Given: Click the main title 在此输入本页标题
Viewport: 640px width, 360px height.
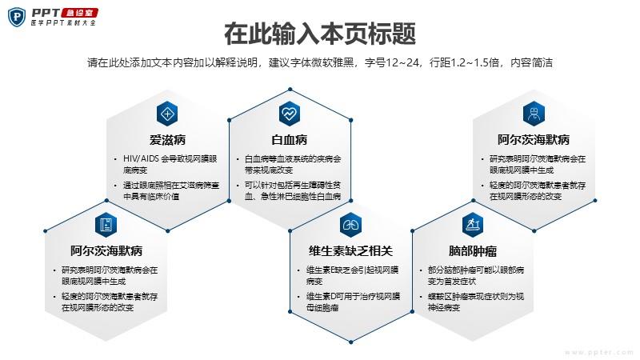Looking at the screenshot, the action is tap(320, 34).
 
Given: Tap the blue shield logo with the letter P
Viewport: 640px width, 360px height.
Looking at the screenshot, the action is tap(17, 17).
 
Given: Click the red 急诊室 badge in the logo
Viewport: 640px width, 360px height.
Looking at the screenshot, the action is tap(79, 13).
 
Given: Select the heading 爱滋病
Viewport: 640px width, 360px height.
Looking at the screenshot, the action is tap(167, 140).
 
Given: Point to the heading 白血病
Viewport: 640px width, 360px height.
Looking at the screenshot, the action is tap(290, 140).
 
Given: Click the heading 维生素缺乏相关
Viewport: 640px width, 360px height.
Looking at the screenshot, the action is tap(350, 251).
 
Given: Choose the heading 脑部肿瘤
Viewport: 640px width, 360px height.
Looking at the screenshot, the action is tap(473, 251).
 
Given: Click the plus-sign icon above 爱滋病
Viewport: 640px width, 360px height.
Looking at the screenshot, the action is tap(167, 114).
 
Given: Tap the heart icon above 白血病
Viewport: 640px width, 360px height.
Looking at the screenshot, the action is tap(290, 114).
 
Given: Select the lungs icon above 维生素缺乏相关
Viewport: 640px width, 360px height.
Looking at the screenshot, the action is tap(350, 225).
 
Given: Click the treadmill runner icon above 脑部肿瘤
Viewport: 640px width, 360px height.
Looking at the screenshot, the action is tap(473, 225).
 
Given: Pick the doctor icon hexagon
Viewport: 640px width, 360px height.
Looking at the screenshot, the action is tap(534, 114).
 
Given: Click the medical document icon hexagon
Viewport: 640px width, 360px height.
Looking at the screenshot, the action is tap(106, 225).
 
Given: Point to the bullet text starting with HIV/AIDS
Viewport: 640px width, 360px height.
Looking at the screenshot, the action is tap(170, 164).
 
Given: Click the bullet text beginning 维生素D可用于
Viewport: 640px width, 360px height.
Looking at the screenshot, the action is tap(353, 302).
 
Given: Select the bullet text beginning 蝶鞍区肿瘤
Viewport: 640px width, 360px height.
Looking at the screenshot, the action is tap(476, 302).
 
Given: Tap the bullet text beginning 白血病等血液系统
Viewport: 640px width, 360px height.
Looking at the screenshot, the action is tap(293, 164).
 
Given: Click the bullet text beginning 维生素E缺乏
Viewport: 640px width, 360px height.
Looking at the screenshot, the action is tap(352, 275).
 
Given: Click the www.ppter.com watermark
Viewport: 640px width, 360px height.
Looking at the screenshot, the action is tap(599, 352).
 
